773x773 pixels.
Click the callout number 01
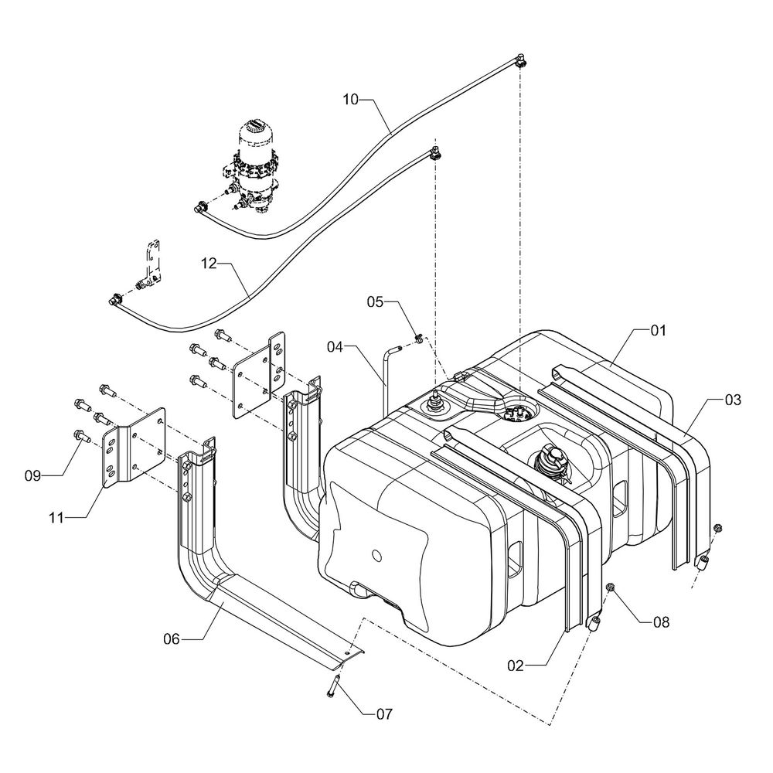coord(657,330)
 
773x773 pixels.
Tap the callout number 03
coord(732,400)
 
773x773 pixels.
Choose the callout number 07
coord(384,714)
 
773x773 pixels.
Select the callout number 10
coord(352,100)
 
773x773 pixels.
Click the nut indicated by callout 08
coord(611,589)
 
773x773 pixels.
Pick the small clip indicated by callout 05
coord(418,338)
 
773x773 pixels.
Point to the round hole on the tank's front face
coord(376,556)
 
